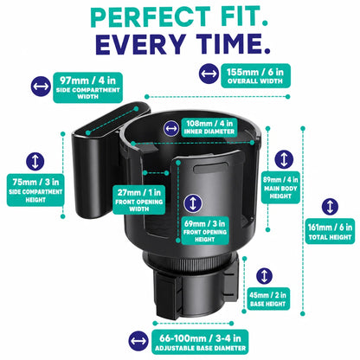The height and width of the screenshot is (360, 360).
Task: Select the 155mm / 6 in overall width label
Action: (x=255, y=75)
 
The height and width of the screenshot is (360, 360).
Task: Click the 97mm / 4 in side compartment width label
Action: (x=87, y=87)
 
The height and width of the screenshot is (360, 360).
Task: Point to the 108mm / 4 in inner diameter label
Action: (x=209, y=127)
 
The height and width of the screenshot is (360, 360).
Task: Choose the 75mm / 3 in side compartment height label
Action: (x=35, y=190)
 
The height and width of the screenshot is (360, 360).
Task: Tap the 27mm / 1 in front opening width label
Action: (x=138, y=199)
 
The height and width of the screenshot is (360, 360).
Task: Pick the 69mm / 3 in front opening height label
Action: (x=205, y=230)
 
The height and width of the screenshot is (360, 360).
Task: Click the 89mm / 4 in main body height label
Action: (x=280, y=188)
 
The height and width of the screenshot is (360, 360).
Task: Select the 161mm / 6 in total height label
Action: (x=330, y=231)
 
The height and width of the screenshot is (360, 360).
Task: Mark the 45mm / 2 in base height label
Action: (x=268, y=299)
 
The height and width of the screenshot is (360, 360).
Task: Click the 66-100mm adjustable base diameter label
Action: (x=200, y=342)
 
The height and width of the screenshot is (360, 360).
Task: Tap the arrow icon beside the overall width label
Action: (x=209, y=74)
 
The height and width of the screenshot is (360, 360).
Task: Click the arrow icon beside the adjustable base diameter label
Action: (x=138, y=341)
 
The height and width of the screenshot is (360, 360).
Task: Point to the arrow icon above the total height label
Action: (x=330, y=207)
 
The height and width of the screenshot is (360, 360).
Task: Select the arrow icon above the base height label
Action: (x=264, y=276)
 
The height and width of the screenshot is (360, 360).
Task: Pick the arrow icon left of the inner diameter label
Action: (x=171, y=128)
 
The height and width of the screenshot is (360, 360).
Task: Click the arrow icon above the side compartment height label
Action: (x=35, y=161)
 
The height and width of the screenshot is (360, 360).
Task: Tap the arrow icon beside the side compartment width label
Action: (x=41, y=87)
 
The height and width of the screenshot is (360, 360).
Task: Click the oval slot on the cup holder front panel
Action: (x=211, y=168)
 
